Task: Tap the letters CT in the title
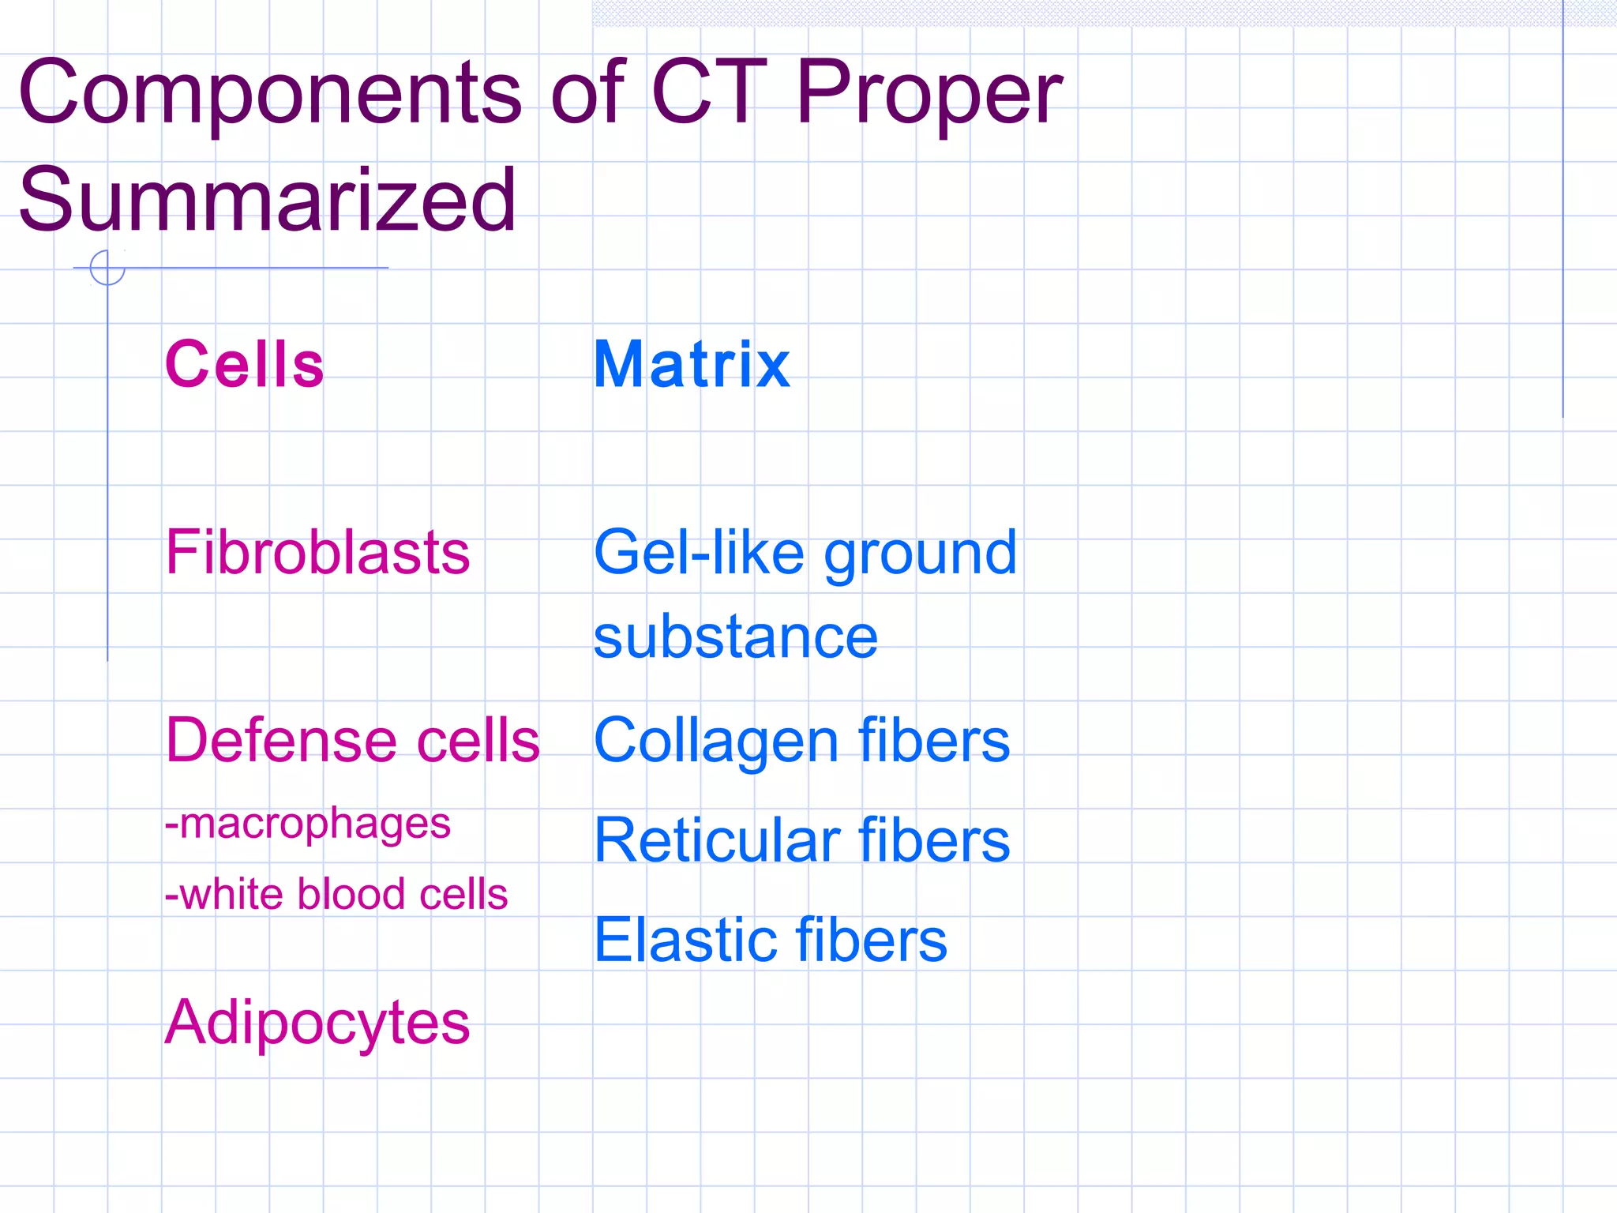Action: pyautogui.click(x=708, y=93)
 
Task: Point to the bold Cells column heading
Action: pyautogui.click(x=245, y=365)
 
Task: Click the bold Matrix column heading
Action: pyautogui.click(x=692, y=365)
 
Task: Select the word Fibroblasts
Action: pyautogui.click(x=317, y=552)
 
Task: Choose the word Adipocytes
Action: pyautogui.click(x=317, y=1023)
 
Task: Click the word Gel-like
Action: pyautogui.click(x=699, y=552)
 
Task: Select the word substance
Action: pyautogui.click(x=735, y=637)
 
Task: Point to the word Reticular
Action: pyautogui.click(x=715, y=840)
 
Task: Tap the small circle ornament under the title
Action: pyautogui.click(x=107, y=268)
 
